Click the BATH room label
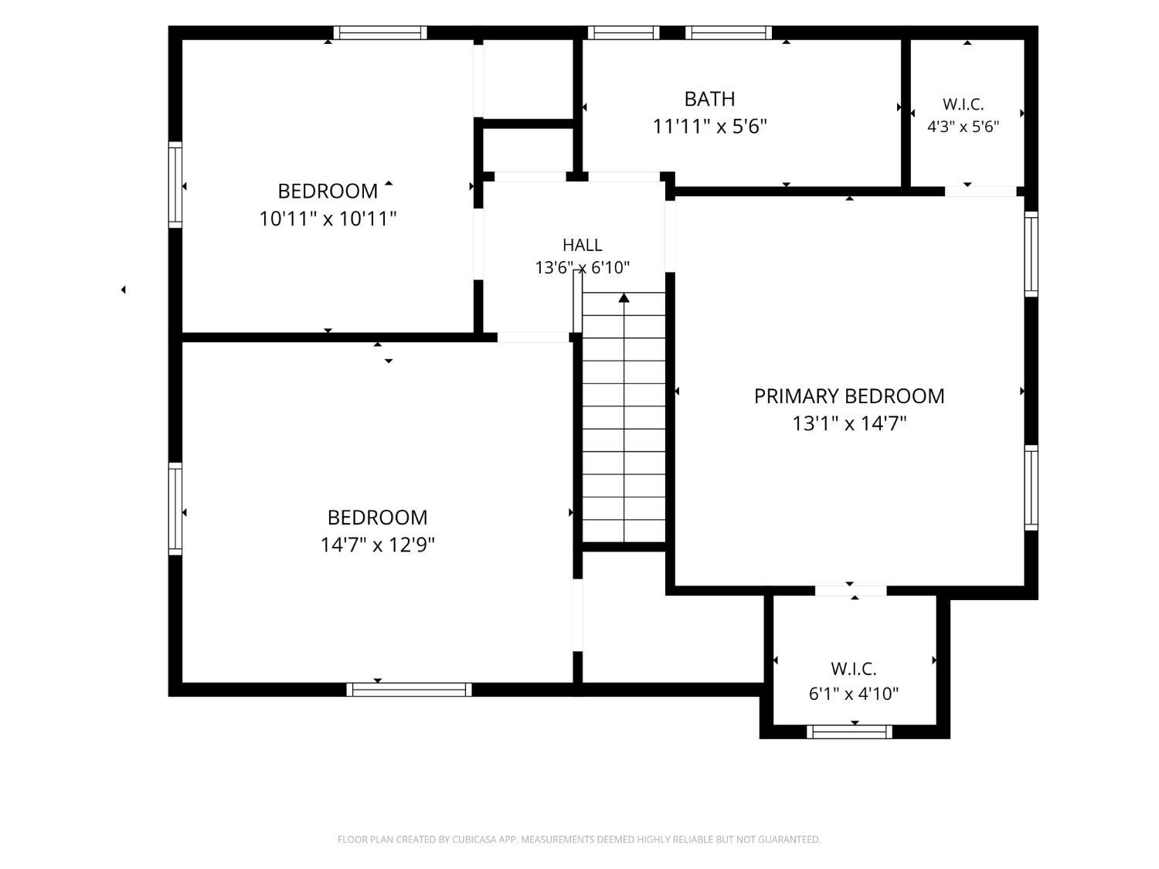tap(709, 99)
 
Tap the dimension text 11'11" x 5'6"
tap(709, 127)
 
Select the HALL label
tap(582, 245)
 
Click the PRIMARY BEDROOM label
tap(848, 396)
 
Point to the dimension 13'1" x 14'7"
tap(848, 423)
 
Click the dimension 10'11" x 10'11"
tap(328, 219)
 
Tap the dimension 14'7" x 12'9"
tap(377, 545)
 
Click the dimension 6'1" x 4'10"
tap(853, 694)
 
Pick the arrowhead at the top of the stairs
tap(624, 298)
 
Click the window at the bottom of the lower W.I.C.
tap(849, 732)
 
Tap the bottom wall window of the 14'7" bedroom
tap(409, 690)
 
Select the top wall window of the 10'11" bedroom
tap(379, 32)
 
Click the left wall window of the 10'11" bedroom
tap(175, 185)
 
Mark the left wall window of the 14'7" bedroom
tap(175, 509)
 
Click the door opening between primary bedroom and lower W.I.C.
tap(850, 591)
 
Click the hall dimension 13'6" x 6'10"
tap(582, 268)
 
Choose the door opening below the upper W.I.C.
tap(981, 192)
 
